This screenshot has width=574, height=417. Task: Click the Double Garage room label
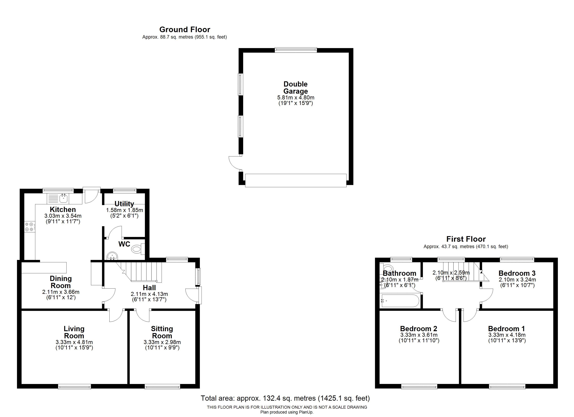[296, 88]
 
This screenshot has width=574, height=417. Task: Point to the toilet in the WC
[138, 249]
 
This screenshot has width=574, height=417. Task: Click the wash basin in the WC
[112, 256]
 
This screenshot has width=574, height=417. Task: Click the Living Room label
[74, 332]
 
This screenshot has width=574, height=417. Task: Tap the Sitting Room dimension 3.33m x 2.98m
[162, 342]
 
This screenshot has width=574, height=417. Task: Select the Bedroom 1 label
[507, 329]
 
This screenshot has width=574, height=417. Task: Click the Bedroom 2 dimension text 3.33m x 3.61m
[419, 335]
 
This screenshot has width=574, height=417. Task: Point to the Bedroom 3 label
[517, 273]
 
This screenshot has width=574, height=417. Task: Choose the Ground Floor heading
[185, 30]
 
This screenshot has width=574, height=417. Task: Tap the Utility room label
[124, 204]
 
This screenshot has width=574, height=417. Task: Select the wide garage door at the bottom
[296, 180]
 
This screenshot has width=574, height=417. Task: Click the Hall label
[149, 288]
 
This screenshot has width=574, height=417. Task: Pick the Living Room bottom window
[74, 386]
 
